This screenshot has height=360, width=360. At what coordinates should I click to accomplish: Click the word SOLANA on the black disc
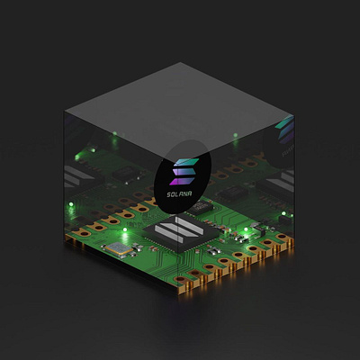pos(179,194)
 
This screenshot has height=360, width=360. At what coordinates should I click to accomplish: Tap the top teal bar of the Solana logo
pos(186,162)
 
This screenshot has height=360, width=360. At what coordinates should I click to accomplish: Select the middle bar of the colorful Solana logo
pos(184,172)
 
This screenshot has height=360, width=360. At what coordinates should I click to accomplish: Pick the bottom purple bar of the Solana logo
pos(182,181)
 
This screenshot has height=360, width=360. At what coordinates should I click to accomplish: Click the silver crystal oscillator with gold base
pos(119,248)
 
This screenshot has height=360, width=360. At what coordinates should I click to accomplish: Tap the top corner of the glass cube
pos(180,62)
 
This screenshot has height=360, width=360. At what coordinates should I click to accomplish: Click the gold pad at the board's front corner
pos(180,279)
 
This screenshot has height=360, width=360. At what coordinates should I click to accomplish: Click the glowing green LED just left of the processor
pos(125,229)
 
